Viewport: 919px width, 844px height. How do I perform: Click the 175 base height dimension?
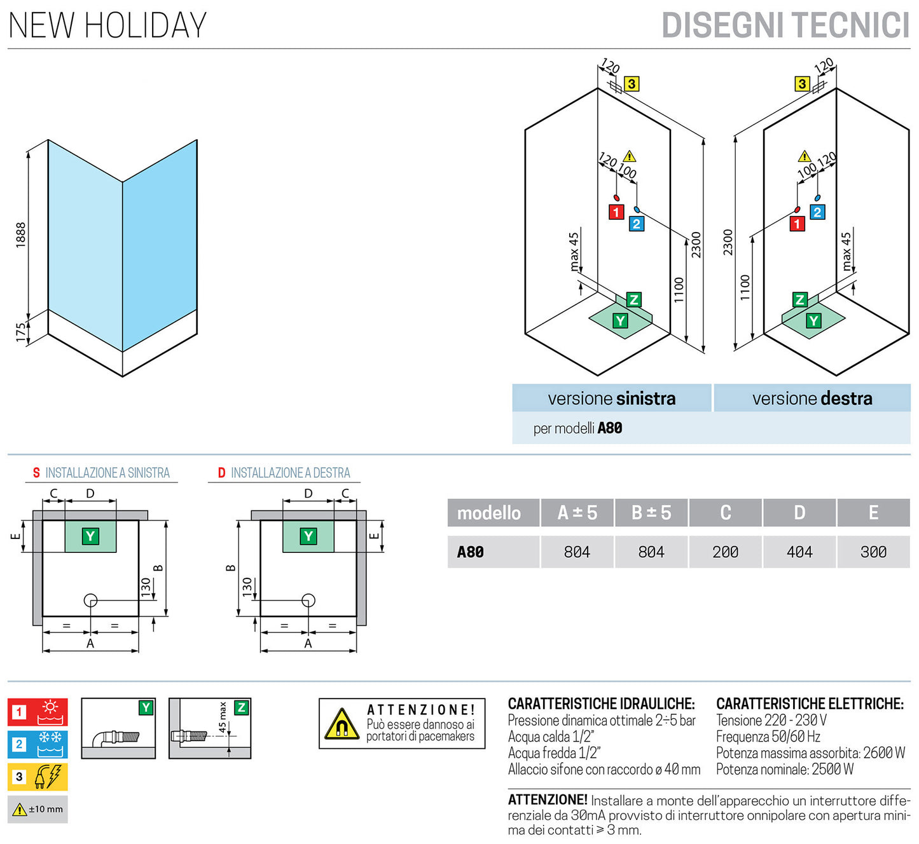click(x=21, y=332)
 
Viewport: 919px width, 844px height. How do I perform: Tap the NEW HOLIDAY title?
click(x=107, y=25)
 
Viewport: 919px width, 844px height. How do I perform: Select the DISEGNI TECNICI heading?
click(x=785, y=25)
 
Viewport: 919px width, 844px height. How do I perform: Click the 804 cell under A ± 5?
click(x=577, y=552)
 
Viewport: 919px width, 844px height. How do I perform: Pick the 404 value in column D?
click(x=799, y=552)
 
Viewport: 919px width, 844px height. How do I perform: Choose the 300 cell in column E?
click(x=873, y=552)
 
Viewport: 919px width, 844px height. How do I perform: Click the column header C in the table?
click(x=725, y=513)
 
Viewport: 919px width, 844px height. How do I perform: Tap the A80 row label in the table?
click(x=471, y=552)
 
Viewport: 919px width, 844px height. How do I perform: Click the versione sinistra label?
click(x=611, y=398)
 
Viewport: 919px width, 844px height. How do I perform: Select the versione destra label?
click(x=812, y=398)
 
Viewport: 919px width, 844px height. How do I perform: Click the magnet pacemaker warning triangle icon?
click(x=342, y=725)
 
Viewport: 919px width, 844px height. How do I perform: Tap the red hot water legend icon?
click(x=38, y=712)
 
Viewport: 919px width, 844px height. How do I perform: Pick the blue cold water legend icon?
click(x=38, y=744)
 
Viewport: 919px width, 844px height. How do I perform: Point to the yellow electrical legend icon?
click(x=38, y=777)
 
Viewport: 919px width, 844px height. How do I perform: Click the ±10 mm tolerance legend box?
click(x=38, y=809)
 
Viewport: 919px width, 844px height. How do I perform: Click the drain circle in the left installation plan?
click(x=90, y=600)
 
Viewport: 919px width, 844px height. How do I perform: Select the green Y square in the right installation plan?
click(x=308, y=536)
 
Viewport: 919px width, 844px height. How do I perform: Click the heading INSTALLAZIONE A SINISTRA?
click(x=102, y=473)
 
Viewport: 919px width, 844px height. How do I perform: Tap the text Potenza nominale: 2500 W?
click(x=784, y=770)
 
